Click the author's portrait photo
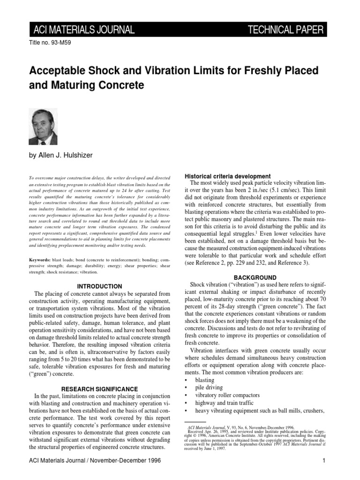(x=43, y=127)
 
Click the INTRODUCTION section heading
(x=99, y=286)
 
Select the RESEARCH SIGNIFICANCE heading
(x=99, y=389)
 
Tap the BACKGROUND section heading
(x=255, y=277)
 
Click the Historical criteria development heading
(x=229, y=176)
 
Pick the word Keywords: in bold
(x=41, y=259)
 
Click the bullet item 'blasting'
(x=205, y=380)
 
